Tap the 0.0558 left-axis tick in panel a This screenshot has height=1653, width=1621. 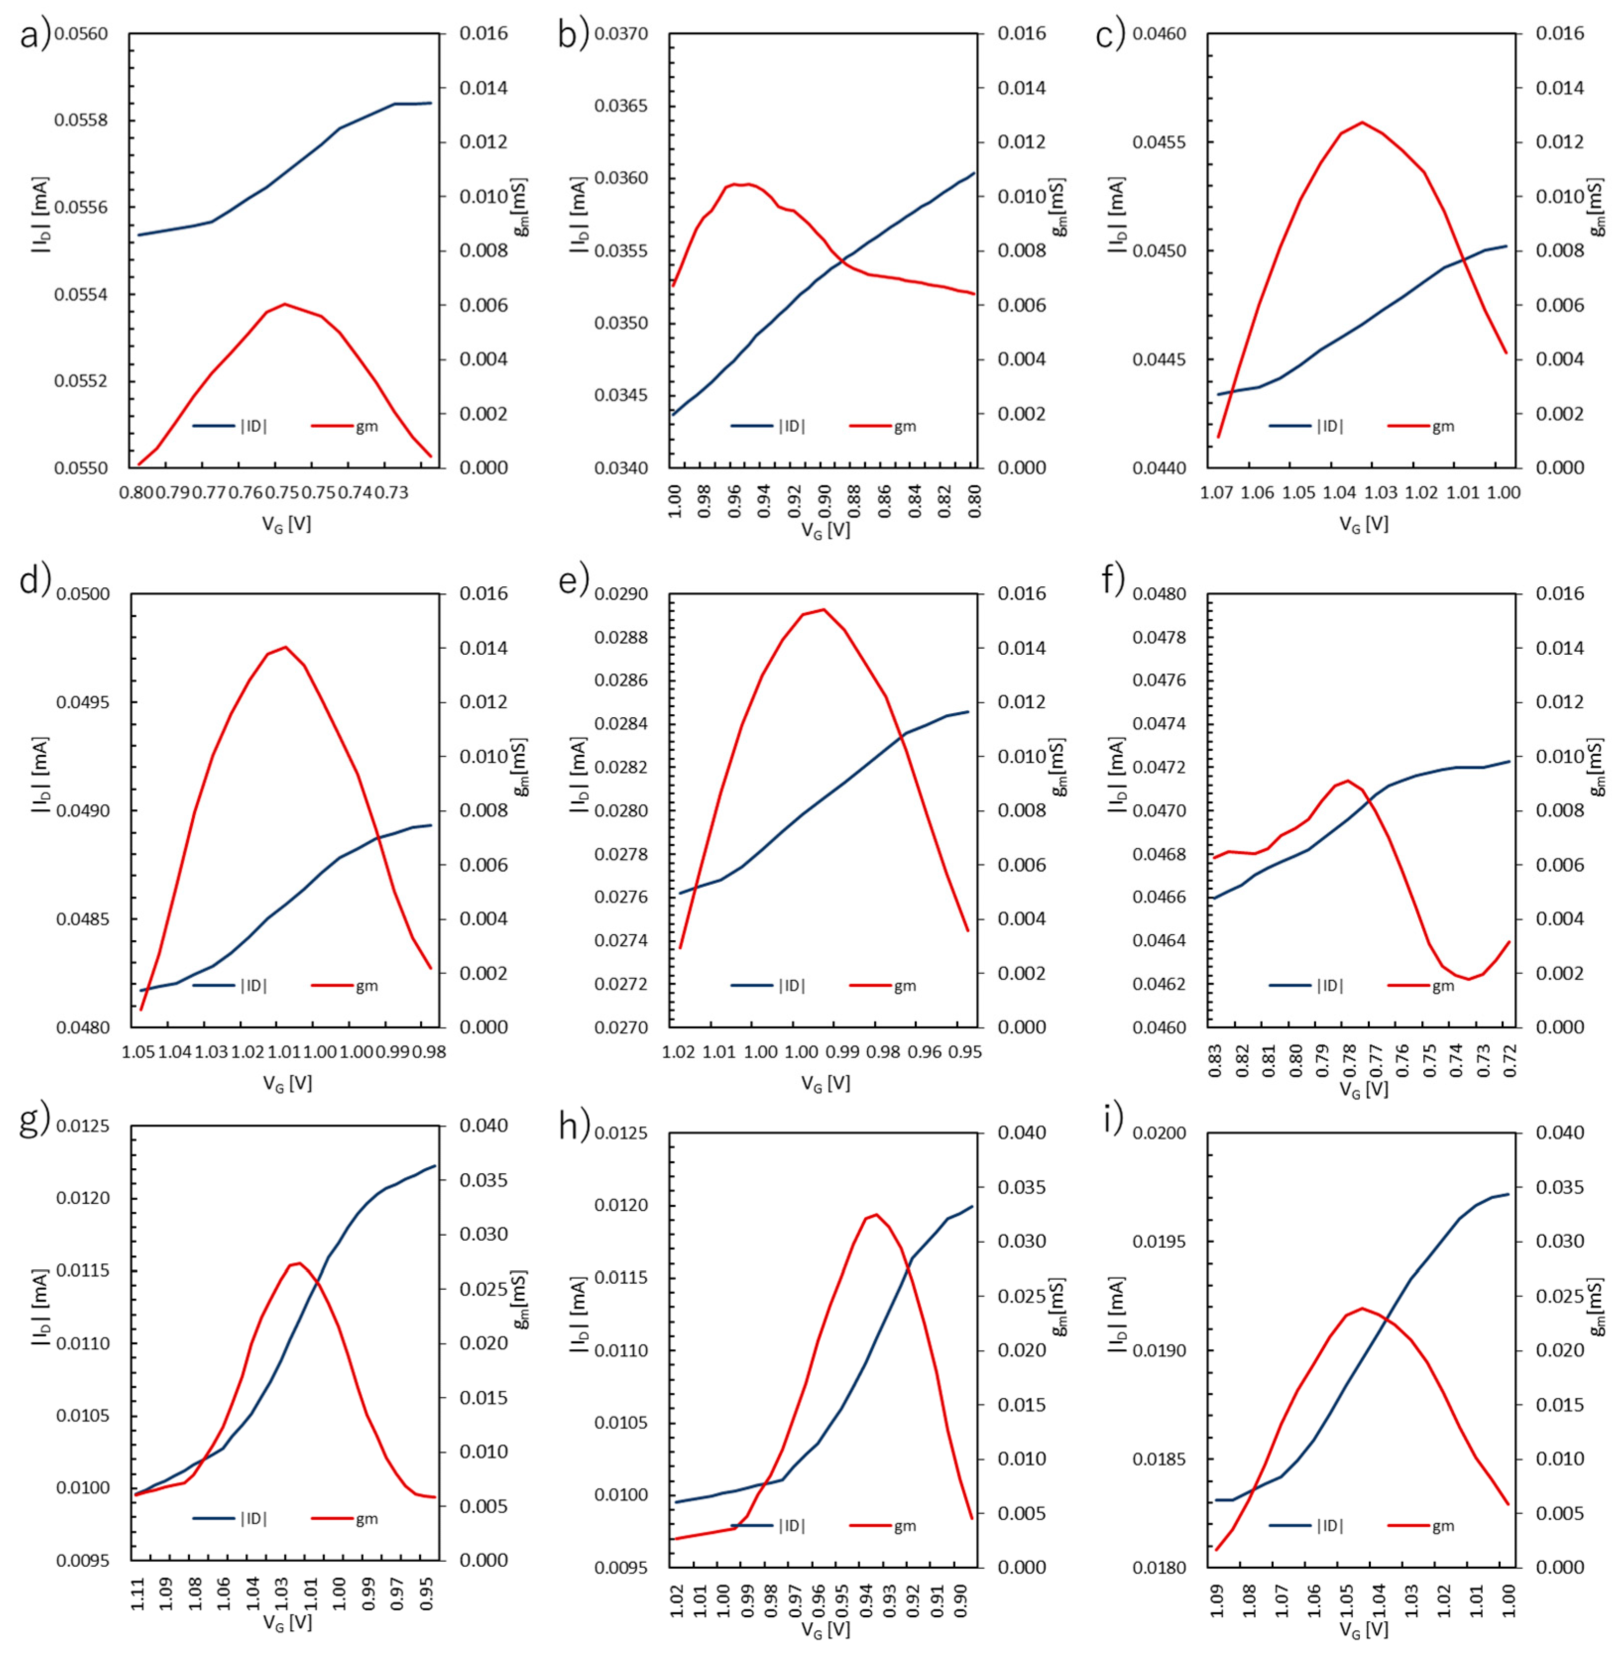(83, 120)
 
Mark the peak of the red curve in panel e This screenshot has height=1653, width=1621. (823, 609)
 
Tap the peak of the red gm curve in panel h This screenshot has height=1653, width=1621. (876, 1214)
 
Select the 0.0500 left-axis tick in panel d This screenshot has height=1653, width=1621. (83, 594)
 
